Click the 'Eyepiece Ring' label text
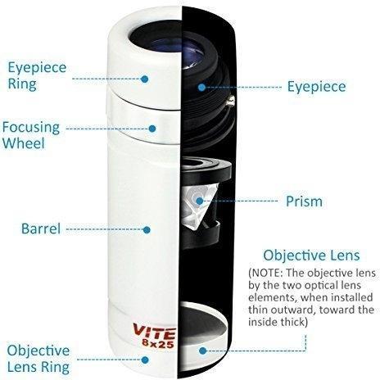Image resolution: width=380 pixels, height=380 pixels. pos(37,75)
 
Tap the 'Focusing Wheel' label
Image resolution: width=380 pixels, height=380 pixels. pos(31,135)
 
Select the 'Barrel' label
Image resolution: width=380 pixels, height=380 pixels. pos(41,228)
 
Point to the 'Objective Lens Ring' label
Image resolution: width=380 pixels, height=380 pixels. pos(38,359)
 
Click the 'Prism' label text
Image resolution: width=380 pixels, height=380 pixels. pos(304,201)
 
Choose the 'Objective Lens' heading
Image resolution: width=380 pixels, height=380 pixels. pos(311,256)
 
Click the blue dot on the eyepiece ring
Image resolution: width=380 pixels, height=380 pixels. pos(145,79)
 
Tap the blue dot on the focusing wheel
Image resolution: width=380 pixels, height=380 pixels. pos(152,129)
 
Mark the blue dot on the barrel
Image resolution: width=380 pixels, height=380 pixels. pos(147,230)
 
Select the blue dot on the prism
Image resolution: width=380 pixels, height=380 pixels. pos(200,201)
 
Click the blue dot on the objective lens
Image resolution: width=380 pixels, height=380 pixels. pos(202,351)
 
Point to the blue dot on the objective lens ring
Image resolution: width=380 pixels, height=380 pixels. pos(145,360)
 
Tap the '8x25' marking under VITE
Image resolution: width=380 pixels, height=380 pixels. pos(158,344)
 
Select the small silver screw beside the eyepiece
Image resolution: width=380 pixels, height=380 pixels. pos(231,101)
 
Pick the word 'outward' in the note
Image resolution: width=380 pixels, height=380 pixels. pos(295,310)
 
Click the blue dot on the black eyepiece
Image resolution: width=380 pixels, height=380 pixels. pos(201,88)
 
